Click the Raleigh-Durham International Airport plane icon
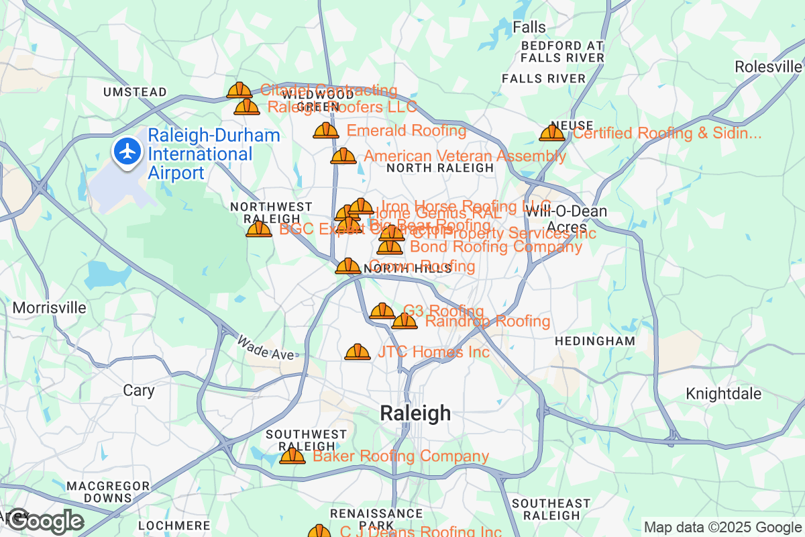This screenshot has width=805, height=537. click(127, 151)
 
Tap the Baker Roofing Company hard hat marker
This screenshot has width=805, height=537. click(292, 456)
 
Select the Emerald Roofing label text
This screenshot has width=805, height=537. click(406, 130)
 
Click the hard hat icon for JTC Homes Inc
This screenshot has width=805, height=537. click(358, 352)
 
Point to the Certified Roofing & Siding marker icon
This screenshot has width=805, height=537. click(552, 133)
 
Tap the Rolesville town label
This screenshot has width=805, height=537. click(768, 66)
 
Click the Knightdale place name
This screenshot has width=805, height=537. click(724, 393)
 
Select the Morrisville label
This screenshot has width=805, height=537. click(50, 308)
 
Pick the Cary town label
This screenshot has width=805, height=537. click(139, 390)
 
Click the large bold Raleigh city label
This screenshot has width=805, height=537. click(415, 413)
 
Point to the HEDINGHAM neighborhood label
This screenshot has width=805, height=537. click(594, 341)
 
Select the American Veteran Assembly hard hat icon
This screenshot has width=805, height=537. click(343, 156)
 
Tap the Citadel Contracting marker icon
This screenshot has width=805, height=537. click(239, 91)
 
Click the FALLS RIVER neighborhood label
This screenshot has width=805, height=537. click(543, 79)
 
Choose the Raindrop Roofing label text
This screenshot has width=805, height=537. click(488, 322)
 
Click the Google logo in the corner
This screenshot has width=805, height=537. click(45, 521)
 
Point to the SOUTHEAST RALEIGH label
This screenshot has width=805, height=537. click(551, 509)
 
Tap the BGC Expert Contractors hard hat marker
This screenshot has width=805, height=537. click(259, 230)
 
